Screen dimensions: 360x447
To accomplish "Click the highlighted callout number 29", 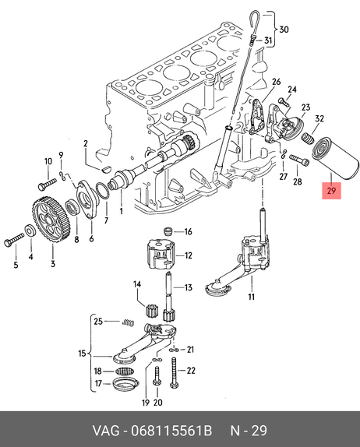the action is pos(331,191).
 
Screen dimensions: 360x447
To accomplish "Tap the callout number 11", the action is pos(251,297).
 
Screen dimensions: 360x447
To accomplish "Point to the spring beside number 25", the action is pos(128,322).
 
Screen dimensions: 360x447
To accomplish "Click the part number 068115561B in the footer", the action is pos(171,431).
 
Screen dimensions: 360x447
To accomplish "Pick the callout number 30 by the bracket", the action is pos(284,30).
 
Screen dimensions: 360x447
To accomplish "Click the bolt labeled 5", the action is pos(14,240).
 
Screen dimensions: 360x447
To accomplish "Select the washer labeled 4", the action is pos(30,231).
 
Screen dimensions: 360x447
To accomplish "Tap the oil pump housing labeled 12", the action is pos(160,254).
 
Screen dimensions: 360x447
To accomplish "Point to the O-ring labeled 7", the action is pos(104,191).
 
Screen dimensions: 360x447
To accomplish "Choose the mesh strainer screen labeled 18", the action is pos(125,371).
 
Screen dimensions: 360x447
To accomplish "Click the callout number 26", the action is pos(276,82).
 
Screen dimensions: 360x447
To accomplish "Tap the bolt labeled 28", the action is pos(299,160).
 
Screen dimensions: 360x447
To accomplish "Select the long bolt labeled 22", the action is pos(174,372).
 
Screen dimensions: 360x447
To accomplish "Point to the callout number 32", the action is pos(319,118).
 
